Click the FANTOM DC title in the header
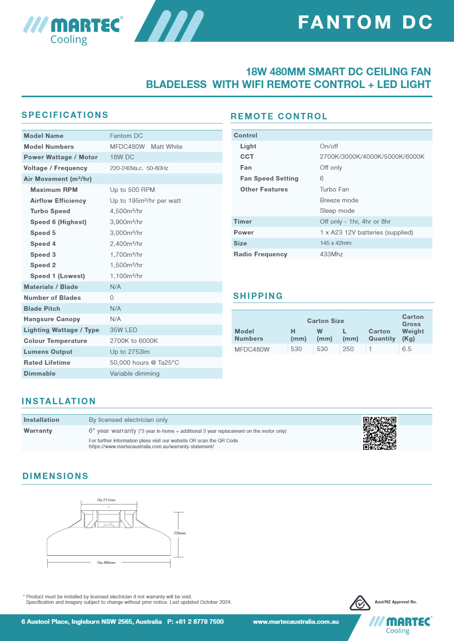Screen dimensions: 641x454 coord(365,22)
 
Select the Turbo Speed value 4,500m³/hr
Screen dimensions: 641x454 coord(126,211)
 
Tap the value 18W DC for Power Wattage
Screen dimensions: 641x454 coord(122,157)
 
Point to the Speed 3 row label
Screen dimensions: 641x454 coord(43,255)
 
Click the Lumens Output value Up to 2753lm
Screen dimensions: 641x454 coord(129,352)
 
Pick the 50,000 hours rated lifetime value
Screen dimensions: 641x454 coord(144,363)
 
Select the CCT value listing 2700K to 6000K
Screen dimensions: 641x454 coord(372,157)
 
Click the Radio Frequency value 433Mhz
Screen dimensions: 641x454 coord(331,254)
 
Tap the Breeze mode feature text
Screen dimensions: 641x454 coord(339,201)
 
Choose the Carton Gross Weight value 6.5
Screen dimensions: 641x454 coord(407,349)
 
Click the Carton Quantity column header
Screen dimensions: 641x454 coord(382,335)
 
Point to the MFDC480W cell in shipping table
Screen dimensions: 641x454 coord(252,349)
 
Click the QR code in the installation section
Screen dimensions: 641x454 coord(380,433)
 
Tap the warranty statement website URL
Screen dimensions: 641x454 coord(151,447)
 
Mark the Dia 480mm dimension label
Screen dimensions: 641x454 coord(106,563)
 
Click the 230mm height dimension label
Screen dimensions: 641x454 coord(180,533)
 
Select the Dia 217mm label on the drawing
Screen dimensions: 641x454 coord(106,500)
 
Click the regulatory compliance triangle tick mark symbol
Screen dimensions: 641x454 coord(360,603)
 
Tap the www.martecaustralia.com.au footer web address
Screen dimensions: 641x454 coord(296,622)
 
